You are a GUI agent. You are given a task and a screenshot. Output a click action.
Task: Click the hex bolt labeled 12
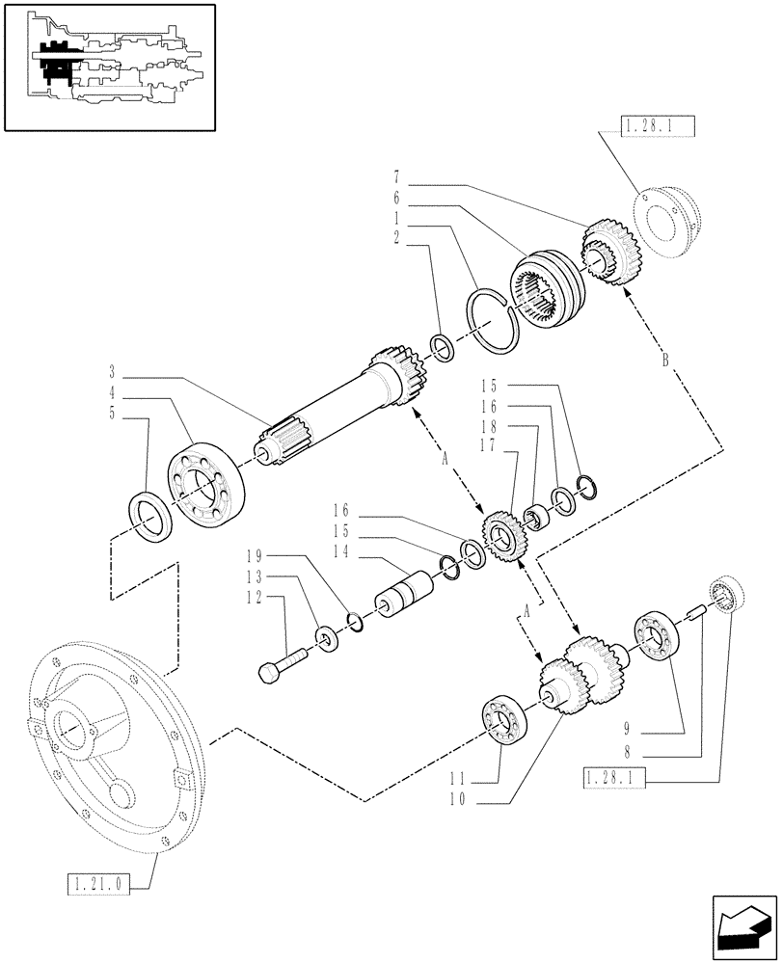[282, 663]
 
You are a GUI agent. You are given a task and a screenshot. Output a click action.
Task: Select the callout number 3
[112, 371]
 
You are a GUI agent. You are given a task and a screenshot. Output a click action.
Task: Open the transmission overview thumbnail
[108, 67]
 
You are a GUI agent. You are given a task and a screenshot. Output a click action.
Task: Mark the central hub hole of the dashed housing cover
[79, 729]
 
